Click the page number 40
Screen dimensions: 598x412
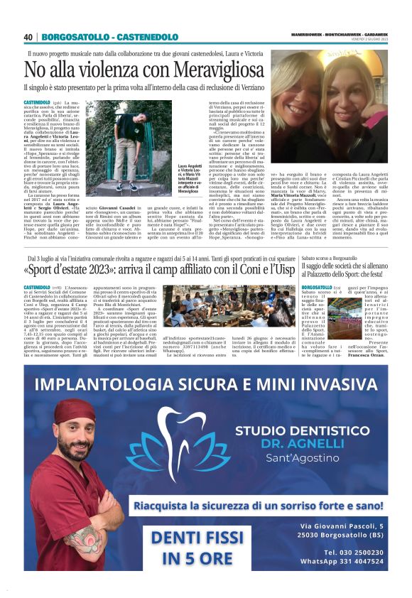[28, 37]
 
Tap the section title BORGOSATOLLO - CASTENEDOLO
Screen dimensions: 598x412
[108, 37]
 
